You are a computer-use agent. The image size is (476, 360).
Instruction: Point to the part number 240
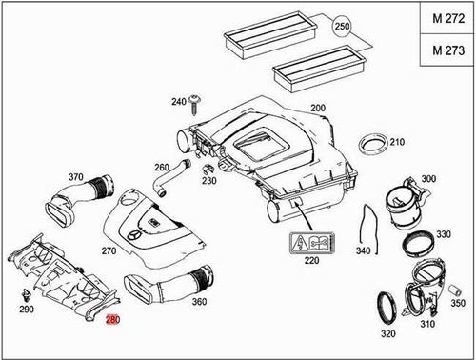tap(178, 101)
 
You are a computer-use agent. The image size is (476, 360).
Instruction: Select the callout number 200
tap(318, 110)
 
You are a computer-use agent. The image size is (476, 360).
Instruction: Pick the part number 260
tap(162, 168)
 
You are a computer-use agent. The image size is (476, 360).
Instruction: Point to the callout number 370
tap(77, 176)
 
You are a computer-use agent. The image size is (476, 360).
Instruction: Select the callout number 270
tap(109, 251)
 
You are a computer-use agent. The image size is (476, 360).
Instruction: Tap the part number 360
tap(199, 302)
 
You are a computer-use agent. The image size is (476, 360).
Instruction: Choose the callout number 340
tap(361, 251)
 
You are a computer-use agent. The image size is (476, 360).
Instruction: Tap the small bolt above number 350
tap(456, 283)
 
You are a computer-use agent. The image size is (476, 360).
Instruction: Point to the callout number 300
tap(427, 179)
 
